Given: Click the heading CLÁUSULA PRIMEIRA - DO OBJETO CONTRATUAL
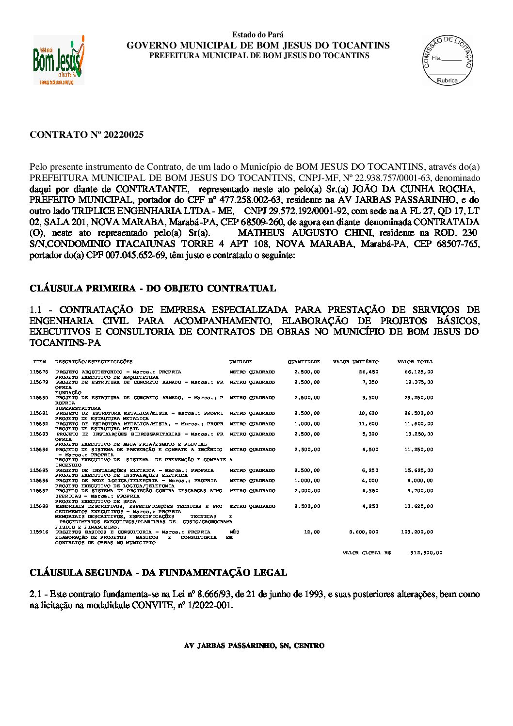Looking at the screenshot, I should (x=153, y=289).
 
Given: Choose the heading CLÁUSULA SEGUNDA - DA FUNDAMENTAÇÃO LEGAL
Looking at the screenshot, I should (x=158, y=573).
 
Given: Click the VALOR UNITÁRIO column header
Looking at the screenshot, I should (x=355, y=362).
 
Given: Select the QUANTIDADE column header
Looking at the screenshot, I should (x=304, y=362).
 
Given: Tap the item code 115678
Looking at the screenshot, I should (x=39, y=372).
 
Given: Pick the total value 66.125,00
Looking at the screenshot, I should (x=419, y=372).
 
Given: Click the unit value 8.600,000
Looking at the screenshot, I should (x=364, y=532).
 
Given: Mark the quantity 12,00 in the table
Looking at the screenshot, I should (x=312, y=532).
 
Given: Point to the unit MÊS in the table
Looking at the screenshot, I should (x=234, y=532).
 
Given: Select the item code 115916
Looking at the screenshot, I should (x=39, y=532).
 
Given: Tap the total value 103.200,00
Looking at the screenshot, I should (x=417, y=532).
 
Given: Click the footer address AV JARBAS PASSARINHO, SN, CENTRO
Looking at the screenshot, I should (x=254, y=646).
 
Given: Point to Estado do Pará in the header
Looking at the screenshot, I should (x=257, y=35).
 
